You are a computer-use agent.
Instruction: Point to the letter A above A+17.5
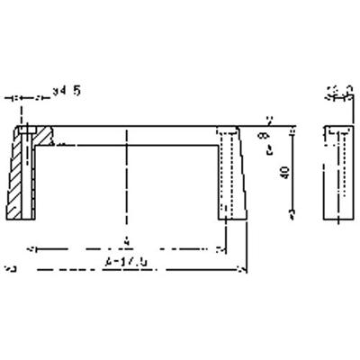(x=127, y=240)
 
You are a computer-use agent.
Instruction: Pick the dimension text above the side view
(x=337, y=89)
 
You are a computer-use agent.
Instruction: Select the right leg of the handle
(x=230, y=175)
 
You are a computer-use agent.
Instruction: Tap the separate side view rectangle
(x=338, y=175)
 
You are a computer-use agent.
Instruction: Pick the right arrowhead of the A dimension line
(x=222, y=247)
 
